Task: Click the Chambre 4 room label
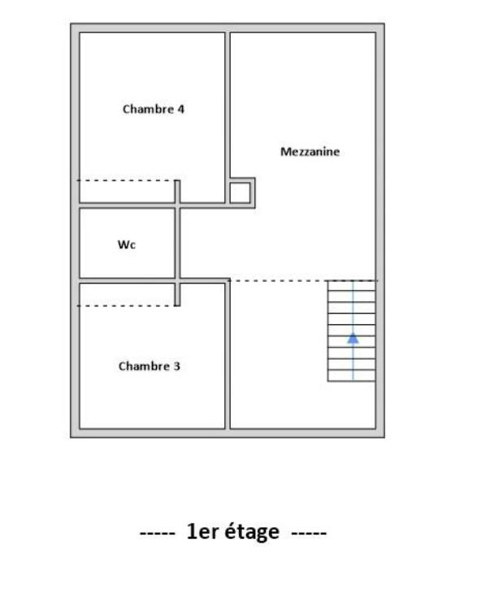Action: (154, 109)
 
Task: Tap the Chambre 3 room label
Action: (150, 366)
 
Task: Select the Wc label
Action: (127, 245)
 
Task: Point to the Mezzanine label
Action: (310, 152)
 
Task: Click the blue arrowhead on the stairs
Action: (353, 338)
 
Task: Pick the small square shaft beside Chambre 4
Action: (239, 193)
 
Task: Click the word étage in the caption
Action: (252, 533)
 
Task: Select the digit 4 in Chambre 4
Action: (181, 109)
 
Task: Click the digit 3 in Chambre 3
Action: (177, 366)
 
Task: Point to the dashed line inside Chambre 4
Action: (126, 180)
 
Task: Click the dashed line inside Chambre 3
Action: (126, 305)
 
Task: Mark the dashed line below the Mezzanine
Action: (276, 280)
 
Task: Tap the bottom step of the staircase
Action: (352, 377)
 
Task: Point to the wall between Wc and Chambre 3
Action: (126, 280)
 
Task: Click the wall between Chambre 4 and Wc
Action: (126, 206)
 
